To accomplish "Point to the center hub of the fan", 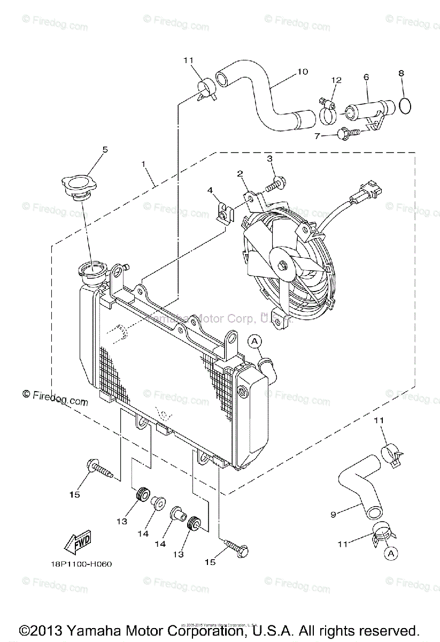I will (281, 262).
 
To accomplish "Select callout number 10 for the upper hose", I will (303, 71).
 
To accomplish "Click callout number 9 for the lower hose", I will (333, 515).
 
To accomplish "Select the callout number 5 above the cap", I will (105, 150).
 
